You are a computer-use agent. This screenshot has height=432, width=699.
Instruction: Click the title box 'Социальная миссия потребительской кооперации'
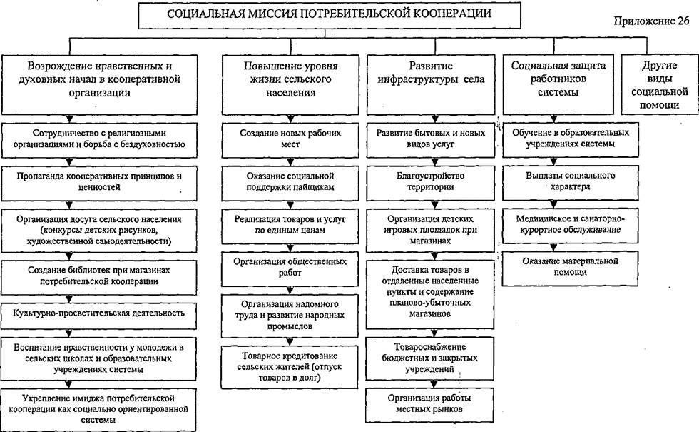[329, 15]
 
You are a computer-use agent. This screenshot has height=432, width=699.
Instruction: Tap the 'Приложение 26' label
[651, 21]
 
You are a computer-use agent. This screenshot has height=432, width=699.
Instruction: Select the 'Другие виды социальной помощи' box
[660, 85]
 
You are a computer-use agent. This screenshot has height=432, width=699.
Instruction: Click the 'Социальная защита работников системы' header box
[558, 84]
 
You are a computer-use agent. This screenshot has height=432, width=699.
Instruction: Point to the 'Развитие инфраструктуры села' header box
[431, 85]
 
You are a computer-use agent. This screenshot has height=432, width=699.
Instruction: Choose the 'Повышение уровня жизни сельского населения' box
[290, 85]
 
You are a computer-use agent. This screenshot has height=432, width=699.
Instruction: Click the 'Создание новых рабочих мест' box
[290, 140]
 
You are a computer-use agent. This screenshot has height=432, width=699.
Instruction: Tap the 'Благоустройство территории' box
[431, 183]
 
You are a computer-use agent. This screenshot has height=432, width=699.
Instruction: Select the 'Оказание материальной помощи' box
[570, 268]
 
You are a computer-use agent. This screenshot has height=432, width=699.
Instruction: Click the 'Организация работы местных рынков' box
[429, 405]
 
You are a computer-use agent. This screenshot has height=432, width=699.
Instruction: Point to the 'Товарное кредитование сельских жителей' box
[290, 367]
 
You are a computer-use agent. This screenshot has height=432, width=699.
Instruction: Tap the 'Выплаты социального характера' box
[571, 183]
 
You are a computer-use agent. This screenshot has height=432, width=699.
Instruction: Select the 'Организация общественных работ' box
[290, 268]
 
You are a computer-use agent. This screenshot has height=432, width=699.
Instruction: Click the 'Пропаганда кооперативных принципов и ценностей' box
[99, 183]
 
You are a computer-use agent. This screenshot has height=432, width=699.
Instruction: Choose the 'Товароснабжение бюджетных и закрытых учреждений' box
[429, 358]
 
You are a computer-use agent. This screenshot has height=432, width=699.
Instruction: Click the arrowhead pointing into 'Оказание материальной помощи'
[553, 248]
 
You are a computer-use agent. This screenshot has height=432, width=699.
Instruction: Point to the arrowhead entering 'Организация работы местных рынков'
[434, 384]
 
